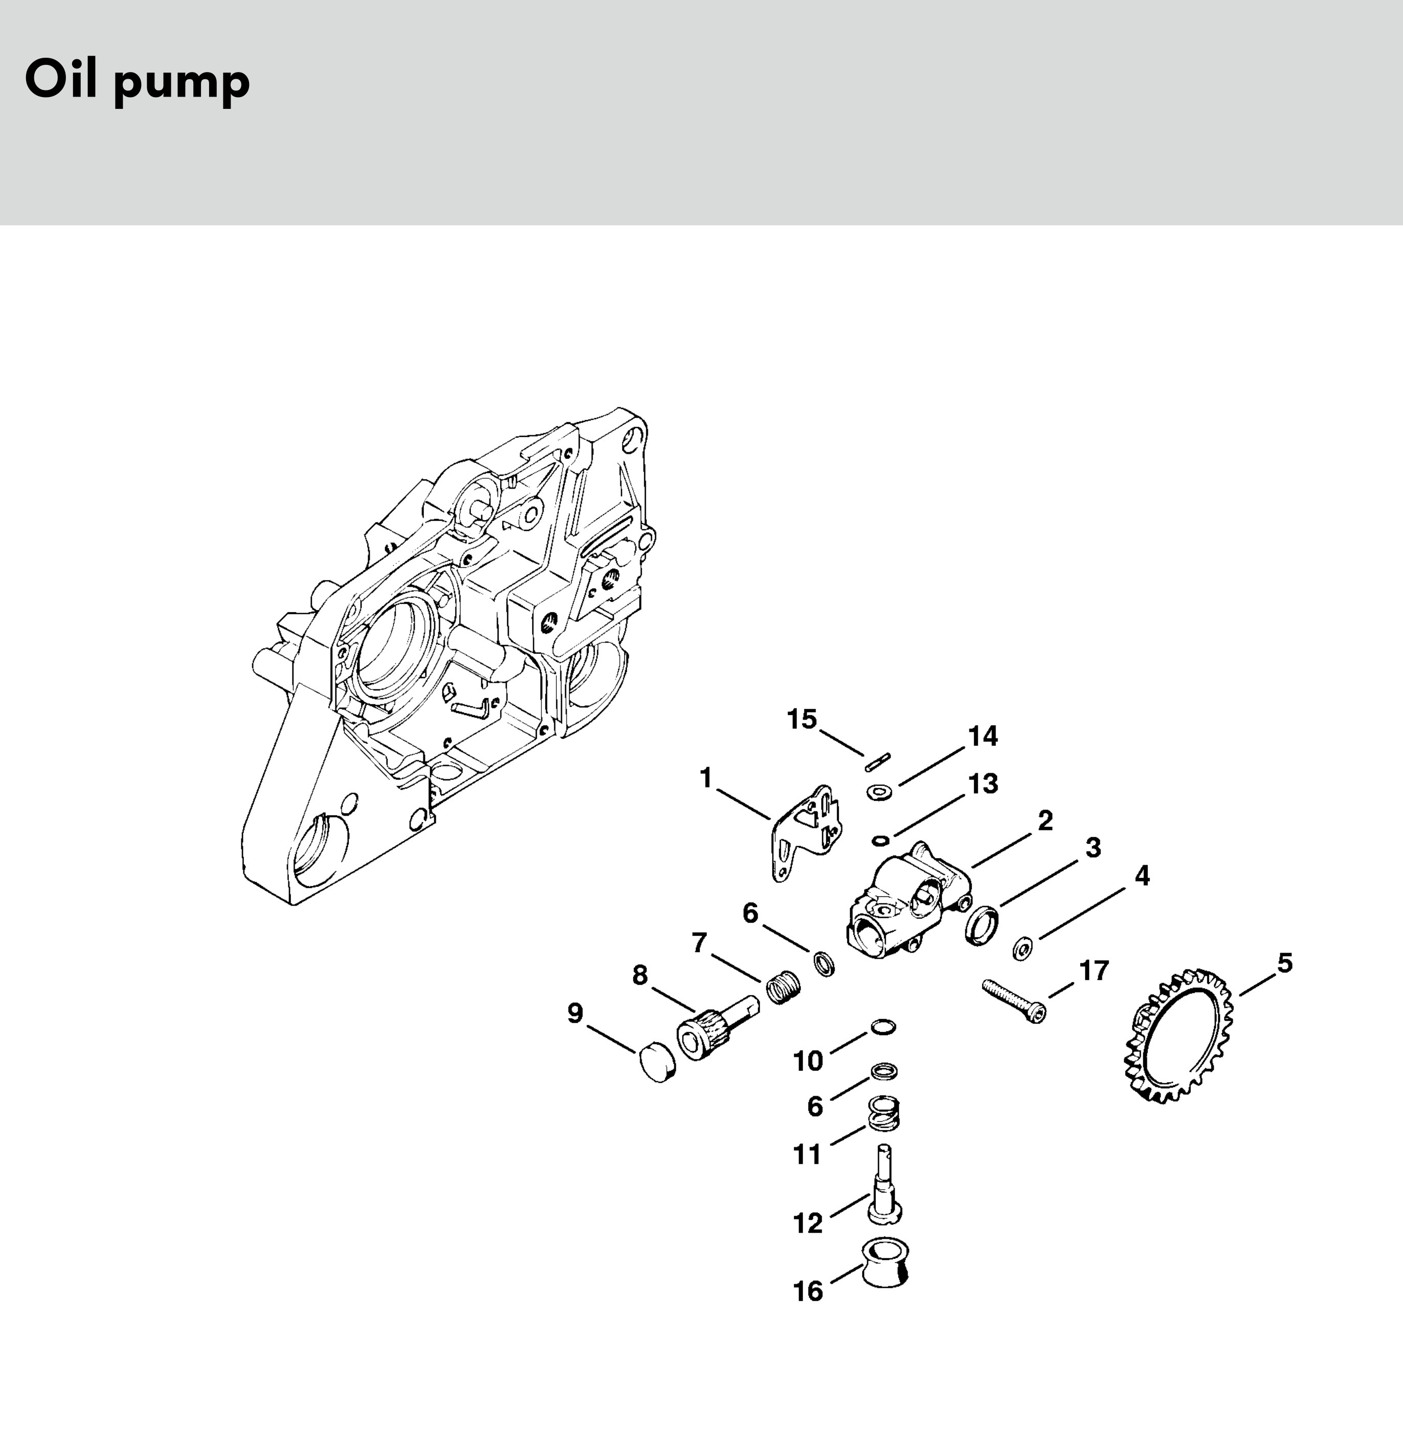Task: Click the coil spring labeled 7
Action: (783, 986)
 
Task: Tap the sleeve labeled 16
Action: (884, 1262)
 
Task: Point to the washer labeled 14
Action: (878, 793)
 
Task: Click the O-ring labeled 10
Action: (884, 1027)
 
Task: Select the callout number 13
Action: (983, 784)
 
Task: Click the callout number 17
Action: (1094, 971)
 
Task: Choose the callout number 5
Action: (1284, 963)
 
